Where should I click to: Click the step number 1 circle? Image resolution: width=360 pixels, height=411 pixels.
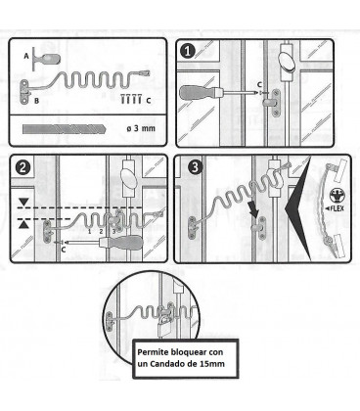point(188,51)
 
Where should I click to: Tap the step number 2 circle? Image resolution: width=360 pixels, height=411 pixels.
point(22,167)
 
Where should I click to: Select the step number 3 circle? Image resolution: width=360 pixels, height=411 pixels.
point(195,167)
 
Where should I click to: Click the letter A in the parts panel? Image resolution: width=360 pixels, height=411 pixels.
point(26,57)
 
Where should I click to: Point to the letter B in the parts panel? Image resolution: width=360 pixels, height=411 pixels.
point(36,101)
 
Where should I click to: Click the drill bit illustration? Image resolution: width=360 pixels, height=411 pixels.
point(65,129)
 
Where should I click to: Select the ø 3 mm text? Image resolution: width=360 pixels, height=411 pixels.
point(141,128)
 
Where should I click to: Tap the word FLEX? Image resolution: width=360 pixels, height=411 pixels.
point(337,207)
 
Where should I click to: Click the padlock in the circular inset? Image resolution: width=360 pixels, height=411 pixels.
point(164,327)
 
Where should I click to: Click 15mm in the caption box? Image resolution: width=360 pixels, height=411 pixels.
point(211,364)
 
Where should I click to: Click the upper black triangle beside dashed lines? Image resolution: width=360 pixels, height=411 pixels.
point(23,202)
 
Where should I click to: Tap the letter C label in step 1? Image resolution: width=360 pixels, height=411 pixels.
point(259,84)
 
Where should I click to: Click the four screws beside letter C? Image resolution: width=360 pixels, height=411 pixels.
point(131,99)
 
